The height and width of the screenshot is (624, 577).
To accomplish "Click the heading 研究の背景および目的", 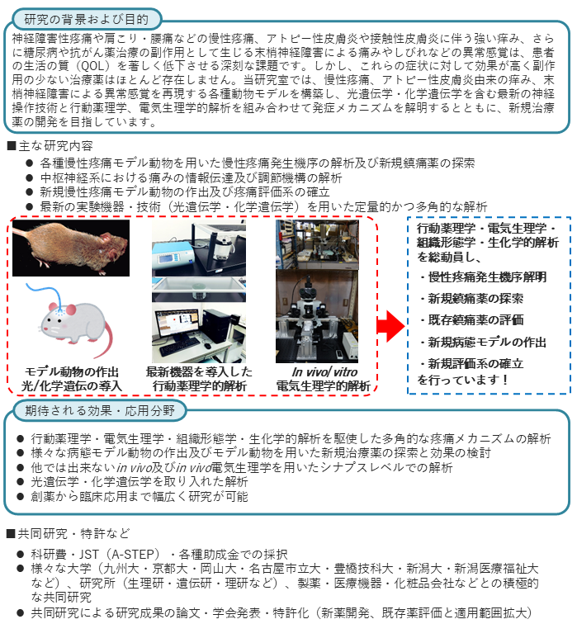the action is point(87,19).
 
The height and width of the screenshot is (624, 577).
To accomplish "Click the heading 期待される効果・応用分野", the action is point(100,410).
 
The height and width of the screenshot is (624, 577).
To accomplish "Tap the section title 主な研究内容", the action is point(55,145).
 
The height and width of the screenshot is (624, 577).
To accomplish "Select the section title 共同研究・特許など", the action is point(73,533).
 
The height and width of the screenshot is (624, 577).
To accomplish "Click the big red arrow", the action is point(390,326).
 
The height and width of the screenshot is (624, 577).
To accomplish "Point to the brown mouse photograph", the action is point(71,248).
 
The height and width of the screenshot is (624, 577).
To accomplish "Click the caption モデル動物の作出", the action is point(72,371).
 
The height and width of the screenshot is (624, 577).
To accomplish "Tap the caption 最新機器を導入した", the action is point(199,371).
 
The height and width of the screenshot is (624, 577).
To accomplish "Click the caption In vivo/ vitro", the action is point(324,372).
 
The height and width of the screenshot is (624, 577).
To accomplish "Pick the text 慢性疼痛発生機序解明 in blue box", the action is point(487,277).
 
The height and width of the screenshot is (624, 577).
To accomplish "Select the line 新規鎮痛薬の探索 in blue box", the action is point(475,299).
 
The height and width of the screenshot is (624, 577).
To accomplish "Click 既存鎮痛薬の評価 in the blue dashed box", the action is point(475,320).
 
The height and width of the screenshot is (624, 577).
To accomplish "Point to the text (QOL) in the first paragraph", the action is point(92,66).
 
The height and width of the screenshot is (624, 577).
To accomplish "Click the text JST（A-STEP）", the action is point(121,554).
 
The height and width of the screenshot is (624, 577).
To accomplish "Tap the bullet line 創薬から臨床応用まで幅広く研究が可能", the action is point(140,496).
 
